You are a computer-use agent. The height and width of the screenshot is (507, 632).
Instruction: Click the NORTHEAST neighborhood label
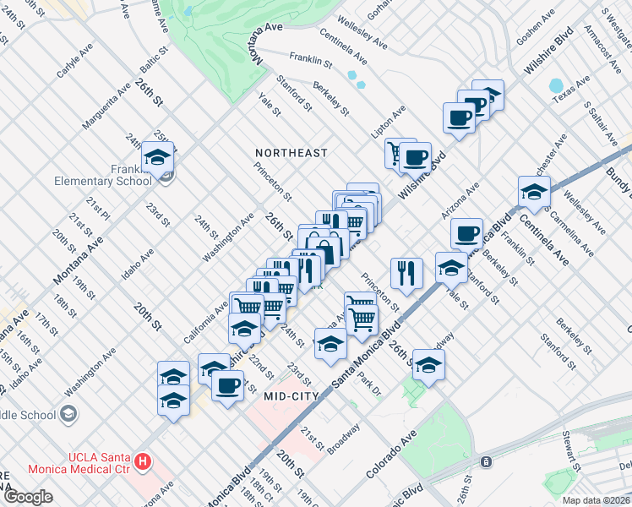291,153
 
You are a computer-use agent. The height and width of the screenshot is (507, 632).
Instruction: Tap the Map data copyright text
597,500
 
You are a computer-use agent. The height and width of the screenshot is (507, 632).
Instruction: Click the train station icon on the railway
486,461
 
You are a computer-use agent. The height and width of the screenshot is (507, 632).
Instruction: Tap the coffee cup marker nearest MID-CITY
227,387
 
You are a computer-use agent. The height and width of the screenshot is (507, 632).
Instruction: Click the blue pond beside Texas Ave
555,85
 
